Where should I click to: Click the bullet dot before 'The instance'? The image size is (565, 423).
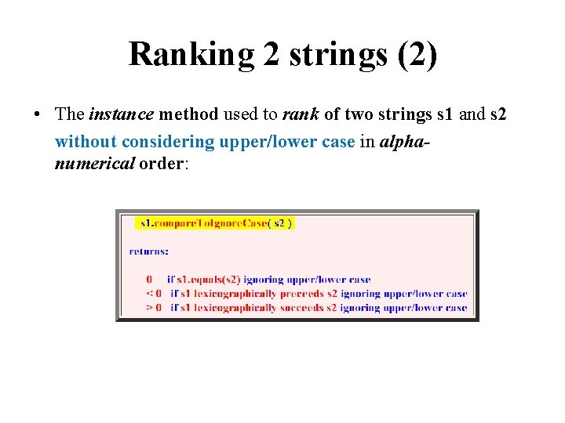click(38, 114)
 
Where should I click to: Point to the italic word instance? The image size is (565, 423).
click(122, 114)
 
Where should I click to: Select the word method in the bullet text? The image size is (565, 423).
click(189, 114)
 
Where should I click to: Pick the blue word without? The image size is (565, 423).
click(85, 142)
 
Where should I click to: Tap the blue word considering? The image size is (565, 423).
click(166, 142)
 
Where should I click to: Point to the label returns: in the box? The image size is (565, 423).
click(148, 251)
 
